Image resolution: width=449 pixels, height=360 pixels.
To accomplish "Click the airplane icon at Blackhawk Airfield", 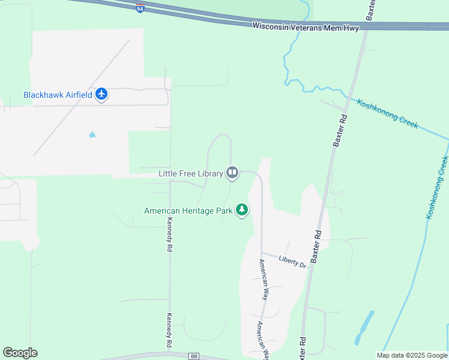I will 101,94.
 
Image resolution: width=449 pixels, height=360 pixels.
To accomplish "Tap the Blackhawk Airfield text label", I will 58,95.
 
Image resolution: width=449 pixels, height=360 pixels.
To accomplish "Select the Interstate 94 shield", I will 140,10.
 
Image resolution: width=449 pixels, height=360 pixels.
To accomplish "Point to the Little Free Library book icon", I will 232,173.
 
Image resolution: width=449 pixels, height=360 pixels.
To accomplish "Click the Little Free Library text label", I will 190,173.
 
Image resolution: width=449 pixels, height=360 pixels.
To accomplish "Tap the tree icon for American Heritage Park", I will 242,210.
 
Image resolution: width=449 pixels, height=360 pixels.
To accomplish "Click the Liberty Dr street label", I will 293,261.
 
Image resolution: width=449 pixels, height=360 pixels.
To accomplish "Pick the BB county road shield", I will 193,356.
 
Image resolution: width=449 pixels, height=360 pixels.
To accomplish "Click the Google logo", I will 20,353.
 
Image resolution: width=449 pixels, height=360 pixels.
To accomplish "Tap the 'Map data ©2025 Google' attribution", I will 411,355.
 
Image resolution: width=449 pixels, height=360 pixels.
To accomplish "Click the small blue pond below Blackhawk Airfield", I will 92,134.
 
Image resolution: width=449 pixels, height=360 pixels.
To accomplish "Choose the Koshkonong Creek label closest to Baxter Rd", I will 387,113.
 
